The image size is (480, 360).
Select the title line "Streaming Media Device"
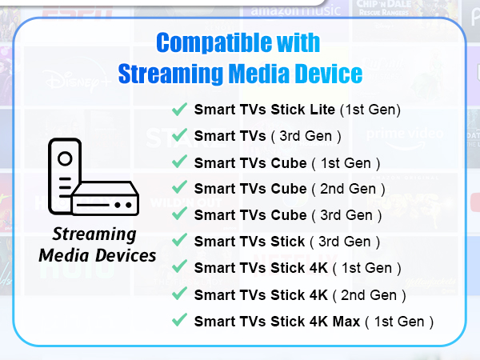240,74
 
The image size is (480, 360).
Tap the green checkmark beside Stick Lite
180,109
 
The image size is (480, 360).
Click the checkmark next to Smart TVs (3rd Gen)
180,135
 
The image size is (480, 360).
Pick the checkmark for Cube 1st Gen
180,162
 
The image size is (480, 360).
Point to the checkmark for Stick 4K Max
180,321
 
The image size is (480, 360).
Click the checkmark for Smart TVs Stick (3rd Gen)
180,242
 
